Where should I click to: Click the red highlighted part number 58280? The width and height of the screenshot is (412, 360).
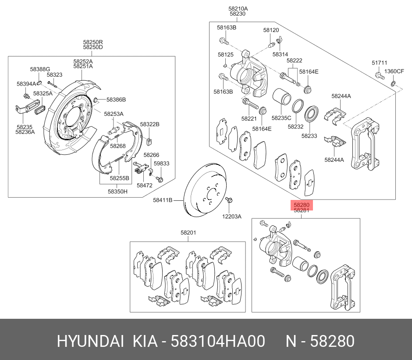pos(302,205)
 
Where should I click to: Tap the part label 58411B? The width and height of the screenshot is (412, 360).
pos(162,200)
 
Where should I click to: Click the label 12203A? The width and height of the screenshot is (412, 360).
pos(231,216)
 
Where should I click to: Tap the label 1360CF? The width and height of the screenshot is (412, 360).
pos(394,71)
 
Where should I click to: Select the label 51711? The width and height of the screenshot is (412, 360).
pos(380,63)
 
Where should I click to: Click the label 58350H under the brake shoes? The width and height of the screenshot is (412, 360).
pos(119,191)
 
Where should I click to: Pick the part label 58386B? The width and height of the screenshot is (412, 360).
pos(116,100)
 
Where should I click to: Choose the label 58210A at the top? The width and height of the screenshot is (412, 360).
pos(238,8)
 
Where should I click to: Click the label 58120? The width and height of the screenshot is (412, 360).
pos(271,30)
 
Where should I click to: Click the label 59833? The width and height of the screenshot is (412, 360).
pos(161,164)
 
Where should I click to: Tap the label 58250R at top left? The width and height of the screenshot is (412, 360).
pos(93,42)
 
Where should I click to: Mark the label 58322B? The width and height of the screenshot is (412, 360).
pos(150,125)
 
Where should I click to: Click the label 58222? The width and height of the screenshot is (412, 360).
pos(295,61)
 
